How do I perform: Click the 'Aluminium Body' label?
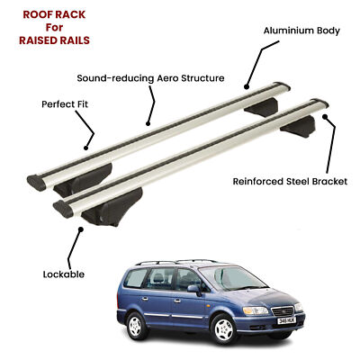tap(301, 31)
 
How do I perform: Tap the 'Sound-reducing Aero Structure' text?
tap(150, 78)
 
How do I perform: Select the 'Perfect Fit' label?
tap(65, 104)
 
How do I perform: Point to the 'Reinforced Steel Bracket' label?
tap(290, 182)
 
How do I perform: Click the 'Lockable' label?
tap(64, 274)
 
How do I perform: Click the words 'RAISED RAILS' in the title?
tap(54, 40)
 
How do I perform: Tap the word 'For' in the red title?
tap(54, 27)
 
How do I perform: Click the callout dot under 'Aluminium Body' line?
tap(247, 87)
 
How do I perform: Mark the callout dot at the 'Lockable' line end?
tap(80, 229)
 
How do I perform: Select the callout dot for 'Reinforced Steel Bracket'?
tap(325, 117)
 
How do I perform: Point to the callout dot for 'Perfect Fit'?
tap(86, 148)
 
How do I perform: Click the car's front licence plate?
tap(286, 320)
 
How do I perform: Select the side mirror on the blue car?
tap(194, 290)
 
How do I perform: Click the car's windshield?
tap(232, 278)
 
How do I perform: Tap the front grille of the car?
tap(283, 310)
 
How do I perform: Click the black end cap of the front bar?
tap(63, 209)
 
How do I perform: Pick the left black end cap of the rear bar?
tap(37, 183)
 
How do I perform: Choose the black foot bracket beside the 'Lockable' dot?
tap(112, 207)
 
